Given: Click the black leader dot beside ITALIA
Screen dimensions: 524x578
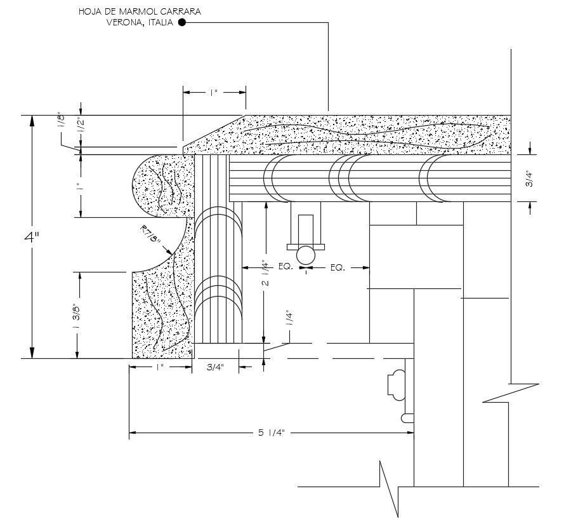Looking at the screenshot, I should coord(181,23).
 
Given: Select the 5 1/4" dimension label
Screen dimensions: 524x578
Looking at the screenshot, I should coord(272,433).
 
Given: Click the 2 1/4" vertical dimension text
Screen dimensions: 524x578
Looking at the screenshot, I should coord(266,274).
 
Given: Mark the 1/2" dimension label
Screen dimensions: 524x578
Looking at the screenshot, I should coord(80,124).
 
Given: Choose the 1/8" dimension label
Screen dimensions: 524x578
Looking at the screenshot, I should coord(62,120).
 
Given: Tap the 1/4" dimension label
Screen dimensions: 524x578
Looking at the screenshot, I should coord(289,318).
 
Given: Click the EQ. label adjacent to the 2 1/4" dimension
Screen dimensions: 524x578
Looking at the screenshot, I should coord(285,267).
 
